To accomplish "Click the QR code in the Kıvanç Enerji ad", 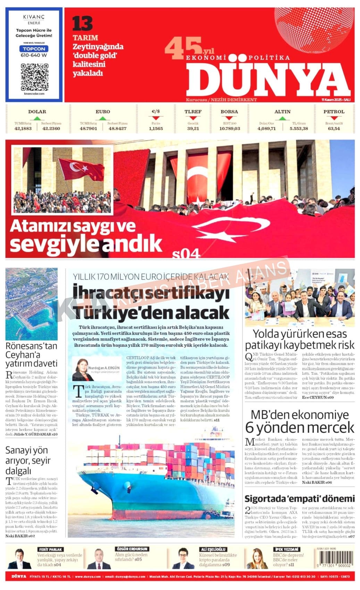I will coord(34,77).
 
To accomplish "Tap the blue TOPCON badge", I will coord(34,49).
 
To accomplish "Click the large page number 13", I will coord(83,24).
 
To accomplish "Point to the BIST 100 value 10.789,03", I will coord(229,128).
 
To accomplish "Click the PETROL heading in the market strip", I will coord(334,112).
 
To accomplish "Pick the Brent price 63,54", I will coord(334,128).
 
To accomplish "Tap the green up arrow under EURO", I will coord(102,118).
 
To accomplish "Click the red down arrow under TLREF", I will coord(193,118).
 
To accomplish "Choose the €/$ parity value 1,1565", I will coord(156,128).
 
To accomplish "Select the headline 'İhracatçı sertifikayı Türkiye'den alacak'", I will coord(151,302).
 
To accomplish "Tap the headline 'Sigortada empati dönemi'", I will coord(299,499).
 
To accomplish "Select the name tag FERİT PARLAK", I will coord(51,549).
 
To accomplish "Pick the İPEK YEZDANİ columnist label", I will coord(286,549).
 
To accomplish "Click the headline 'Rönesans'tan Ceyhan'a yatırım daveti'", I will coord(31,355).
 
